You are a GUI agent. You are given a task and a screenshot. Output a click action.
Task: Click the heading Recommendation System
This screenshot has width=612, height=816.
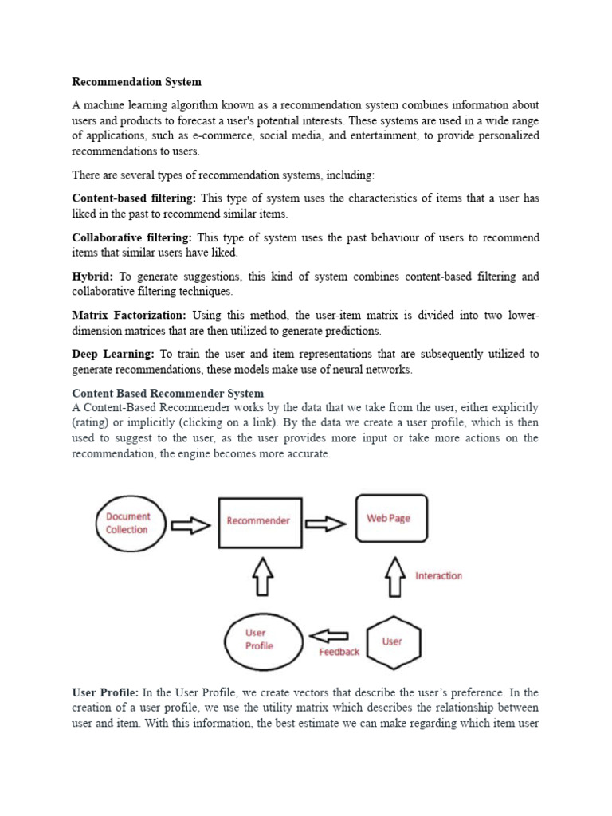(x=136, y=81)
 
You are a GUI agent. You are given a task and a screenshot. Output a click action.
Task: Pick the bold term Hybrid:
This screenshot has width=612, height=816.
(x=92, y=277)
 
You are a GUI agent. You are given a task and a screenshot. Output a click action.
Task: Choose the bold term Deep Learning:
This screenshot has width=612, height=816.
(x=113, y=354)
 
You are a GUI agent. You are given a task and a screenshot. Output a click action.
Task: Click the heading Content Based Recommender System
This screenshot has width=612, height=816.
(x=167, y=394)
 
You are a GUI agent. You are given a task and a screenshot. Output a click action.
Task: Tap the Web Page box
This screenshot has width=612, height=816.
(x=390, y=519)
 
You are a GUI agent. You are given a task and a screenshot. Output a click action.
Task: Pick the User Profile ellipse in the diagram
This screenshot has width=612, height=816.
(x=261, y=640)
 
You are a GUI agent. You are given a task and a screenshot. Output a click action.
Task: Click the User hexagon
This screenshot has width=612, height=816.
(x=393, y=641)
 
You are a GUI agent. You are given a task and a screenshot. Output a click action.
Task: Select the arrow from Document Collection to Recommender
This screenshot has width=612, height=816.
(x=191, y=524)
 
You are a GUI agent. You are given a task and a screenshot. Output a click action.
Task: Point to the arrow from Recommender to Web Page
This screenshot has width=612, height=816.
(x=326, y=524)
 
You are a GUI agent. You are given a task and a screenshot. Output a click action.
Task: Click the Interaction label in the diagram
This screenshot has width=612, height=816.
(x=438, y=575)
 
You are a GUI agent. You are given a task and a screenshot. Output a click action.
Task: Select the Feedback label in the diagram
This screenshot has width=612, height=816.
(x=339, y=652)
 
